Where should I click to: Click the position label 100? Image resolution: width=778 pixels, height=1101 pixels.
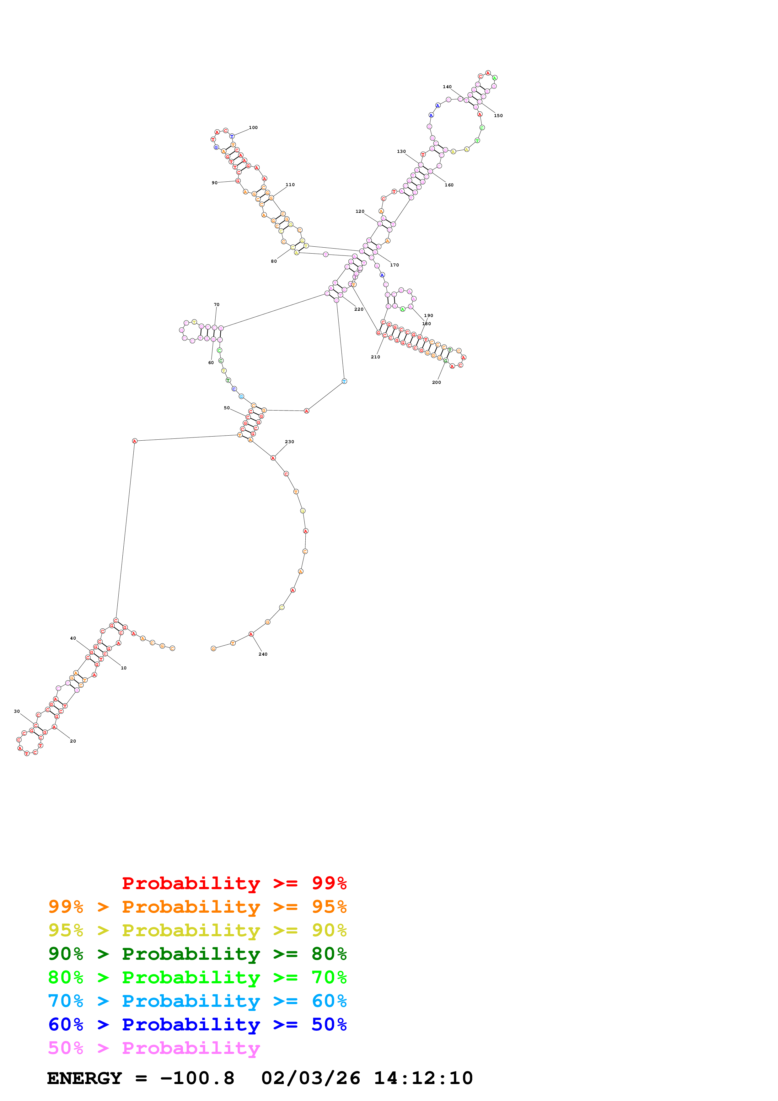tap(253, 127)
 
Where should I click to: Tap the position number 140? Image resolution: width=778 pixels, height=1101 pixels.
tap(447, 87)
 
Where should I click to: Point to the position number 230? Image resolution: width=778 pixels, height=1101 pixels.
tap(290, 442)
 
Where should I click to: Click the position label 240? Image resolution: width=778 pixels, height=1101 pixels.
tap(263, 654)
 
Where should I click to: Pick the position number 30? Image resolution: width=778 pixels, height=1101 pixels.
tap(17, 711)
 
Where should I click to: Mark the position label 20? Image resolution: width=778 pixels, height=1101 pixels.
tap(73, 741)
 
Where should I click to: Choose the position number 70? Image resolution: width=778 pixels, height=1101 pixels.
tap(217, 304)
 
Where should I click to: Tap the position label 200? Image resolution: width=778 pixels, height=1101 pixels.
tap(436, 382)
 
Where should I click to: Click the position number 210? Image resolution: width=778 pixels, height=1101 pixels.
tap(375, 357)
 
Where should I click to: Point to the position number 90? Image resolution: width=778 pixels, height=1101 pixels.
tap(214, 183)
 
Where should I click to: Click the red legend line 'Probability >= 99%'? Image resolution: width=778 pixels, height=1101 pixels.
tap(234, 883)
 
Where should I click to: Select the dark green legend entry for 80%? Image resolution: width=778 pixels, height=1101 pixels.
tap(197, 954)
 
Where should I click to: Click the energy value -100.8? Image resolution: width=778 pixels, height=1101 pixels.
tap(197, 1078)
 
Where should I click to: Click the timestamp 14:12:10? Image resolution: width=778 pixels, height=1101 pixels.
tap(423, 1078)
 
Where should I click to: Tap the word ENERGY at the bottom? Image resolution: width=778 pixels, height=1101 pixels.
tap(84, 1078)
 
